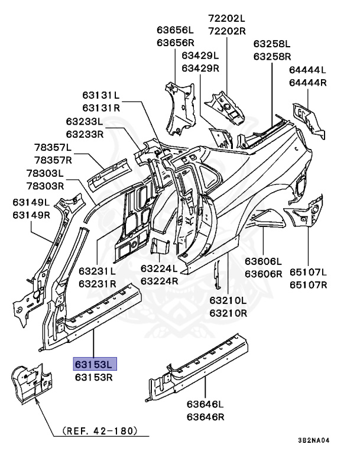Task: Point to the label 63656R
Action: click(176, 43)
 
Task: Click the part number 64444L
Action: click(307, 70)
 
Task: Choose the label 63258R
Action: click(272, 56)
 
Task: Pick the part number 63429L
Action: click(200, 55)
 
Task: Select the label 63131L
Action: click(101, 95)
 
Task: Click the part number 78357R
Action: click(53, 160)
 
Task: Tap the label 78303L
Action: click(45, 173)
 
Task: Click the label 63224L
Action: click(159, 268)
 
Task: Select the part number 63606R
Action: click(263, 274)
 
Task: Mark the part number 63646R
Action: click(205, 417)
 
